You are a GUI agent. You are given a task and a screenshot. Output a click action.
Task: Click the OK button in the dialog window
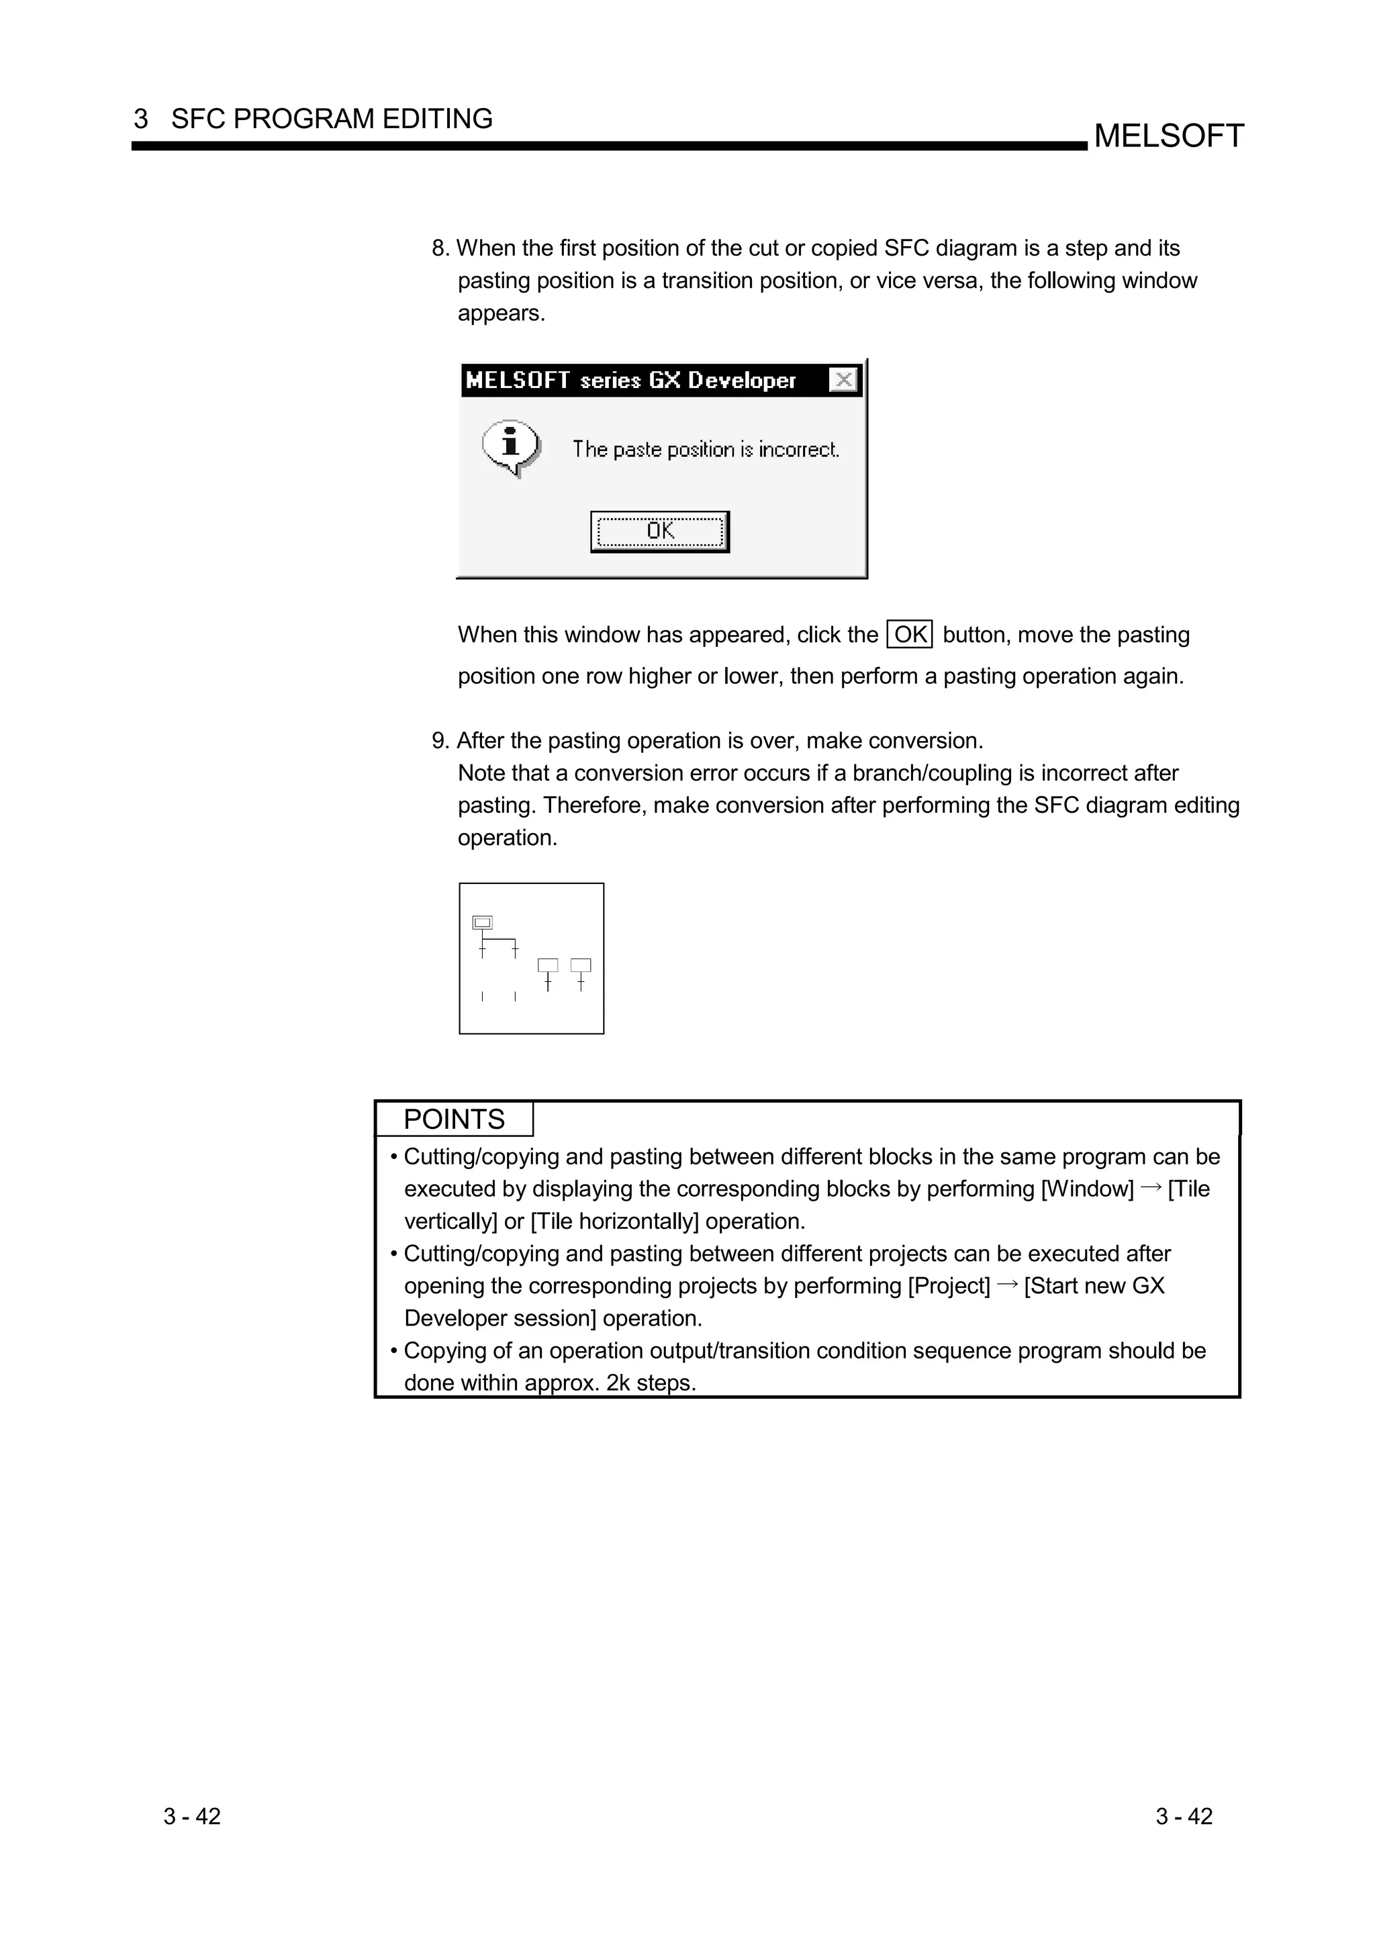(x=659, y=531)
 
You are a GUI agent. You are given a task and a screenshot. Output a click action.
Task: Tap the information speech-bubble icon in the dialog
(x=511, y=446)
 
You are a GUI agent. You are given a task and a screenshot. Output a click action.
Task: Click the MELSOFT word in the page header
(x=1168, y=136)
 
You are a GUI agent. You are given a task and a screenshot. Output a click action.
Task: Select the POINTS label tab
(x=454, y=1119)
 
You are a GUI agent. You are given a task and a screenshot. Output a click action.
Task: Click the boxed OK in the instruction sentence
(x=910, y=634)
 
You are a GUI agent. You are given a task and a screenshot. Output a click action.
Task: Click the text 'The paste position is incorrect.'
(x=705, y=449)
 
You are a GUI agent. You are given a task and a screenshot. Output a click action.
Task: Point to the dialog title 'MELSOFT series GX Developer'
(x=630, y=381)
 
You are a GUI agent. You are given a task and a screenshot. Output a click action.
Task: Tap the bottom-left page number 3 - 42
(x=192, y=1816)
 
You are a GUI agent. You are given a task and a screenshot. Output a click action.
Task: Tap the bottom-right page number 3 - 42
(x=1184, y=1816)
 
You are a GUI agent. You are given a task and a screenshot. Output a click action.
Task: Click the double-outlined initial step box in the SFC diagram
(x=482, y=923)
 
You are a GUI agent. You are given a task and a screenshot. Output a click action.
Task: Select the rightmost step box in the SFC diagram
(x=580, y=965)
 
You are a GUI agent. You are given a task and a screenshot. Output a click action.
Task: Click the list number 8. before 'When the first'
(x=440, y=248)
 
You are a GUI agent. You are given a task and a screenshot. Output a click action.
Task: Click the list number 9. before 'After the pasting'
(x=440, y=741)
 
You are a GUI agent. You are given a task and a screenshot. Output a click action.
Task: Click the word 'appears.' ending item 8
(x=502, y=313)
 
